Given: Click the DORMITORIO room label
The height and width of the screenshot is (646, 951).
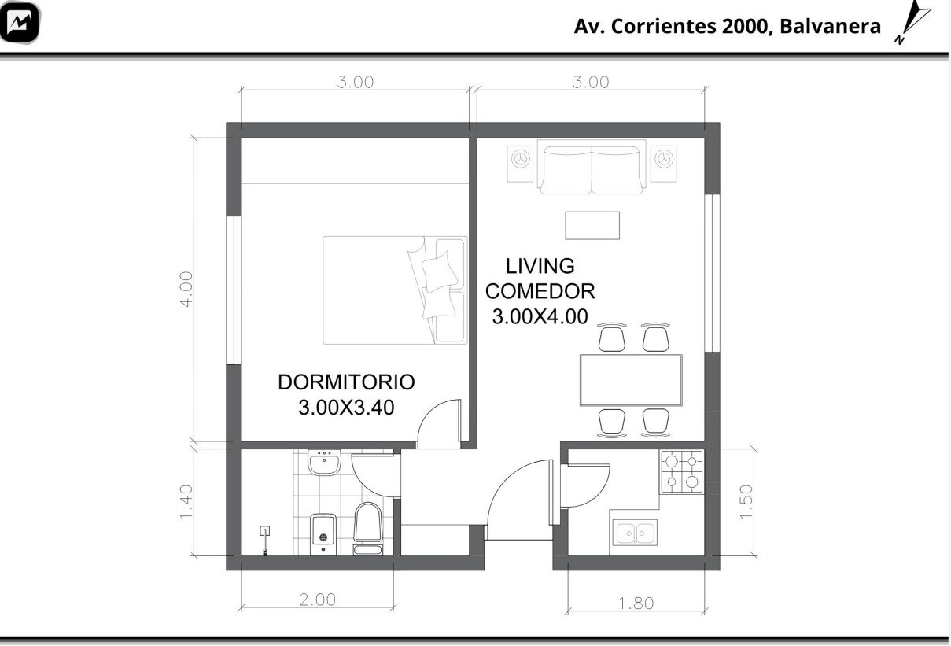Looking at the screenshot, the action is click(346, 382).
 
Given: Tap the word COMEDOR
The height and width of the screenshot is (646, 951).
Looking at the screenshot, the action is click(540, 291).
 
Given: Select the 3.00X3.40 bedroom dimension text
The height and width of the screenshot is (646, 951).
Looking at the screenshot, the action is click(346, 408).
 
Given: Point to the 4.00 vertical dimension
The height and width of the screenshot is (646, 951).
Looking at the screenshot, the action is click(186, 289).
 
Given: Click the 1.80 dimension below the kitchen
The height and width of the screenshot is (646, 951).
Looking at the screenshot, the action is click(636, 603).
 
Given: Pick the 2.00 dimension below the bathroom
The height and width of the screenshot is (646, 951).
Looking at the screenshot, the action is click(317, 600).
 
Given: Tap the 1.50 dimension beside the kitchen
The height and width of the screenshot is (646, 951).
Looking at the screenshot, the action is click(746, 501).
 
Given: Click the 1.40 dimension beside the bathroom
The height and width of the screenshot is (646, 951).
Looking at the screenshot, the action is click(186, 502).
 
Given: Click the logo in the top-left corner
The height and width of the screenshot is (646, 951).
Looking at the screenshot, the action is click(20, 22).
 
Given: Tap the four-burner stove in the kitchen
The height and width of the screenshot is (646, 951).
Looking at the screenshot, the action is click(681, 471).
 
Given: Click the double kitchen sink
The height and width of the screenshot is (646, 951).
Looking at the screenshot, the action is click(635, 532).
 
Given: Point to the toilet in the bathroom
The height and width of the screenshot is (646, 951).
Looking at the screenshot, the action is click(367, 528).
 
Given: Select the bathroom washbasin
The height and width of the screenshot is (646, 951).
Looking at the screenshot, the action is click(324, 463).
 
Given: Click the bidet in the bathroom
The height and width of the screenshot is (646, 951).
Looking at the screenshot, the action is click(323, 533).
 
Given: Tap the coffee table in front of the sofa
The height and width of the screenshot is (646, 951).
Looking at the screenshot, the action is click(592, 226).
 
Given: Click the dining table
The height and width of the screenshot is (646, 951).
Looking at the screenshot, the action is click(631, 380).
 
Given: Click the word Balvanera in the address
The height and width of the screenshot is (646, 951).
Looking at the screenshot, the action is click(830, 26).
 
